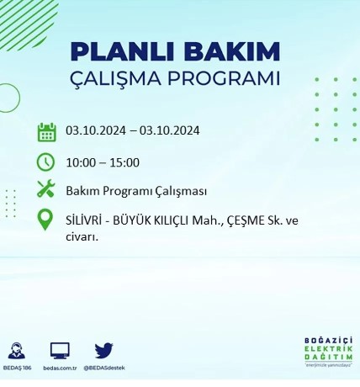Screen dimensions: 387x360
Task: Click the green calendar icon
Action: (46, 132)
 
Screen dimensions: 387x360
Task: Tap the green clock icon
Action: (46, 162)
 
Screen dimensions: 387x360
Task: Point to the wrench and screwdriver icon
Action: (46, 190)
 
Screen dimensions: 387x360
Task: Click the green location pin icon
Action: (46, 220)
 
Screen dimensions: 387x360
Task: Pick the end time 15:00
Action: (124, 162)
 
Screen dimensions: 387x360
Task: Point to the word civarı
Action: (82, 236)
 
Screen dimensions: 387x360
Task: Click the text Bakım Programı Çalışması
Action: (136, 191)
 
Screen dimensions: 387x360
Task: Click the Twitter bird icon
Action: (103, 350)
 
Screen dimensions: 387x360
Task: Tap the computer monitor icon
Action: (60, 350)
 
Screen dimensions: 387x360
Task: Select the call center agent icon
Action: (16, 350)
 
